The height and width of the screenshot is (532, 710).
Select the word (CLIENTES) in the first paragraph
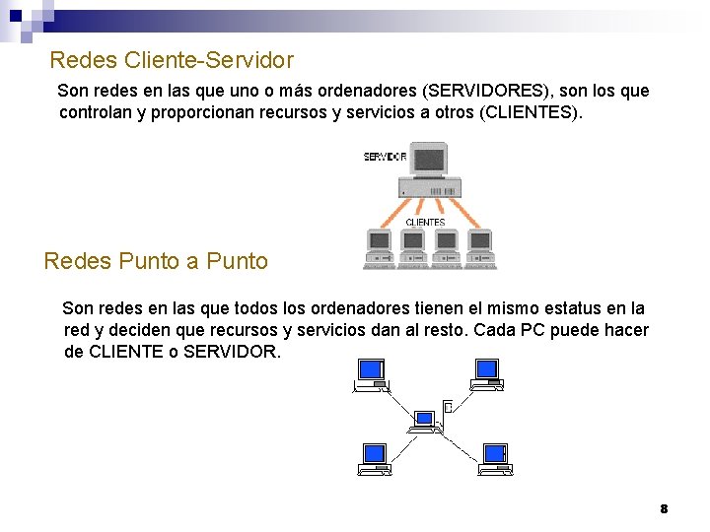pyautogui.click(x=531, y=112)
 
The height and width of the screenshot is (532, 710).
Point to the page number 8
pyautogui.click(x=664, y=508)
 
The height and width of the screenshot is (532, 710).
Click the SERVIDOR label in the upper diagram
pyautogui.click(x=385, y=157)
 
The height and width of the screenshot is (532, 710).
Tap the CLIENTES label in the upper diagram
pyautogui.click(x=425, y=223)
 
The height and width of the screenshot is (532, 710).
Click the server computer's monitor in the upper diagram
pyautogui.click(x=429, y=160)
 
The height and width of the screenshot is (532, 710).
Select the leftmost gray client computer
pyautogui.click(x=380, y=249)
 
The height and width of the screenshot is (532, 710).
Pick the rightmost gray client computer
pyautogui.click(x=480, y=249)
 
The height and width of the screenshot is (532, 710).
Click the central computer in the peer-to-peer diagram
pyautogui.click(x=425, y=421)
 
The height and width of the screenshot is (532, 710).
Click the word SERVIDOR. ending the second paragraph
pyautogui.click(x=233, y=352)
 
